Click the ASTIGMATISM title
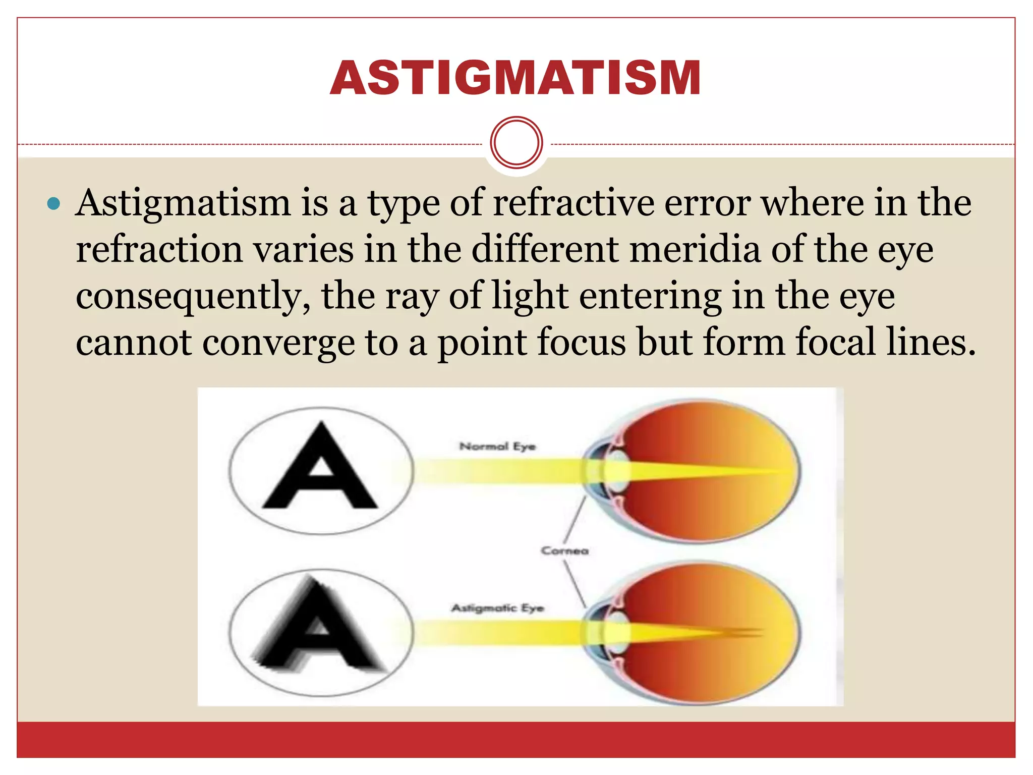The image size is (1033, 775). (x=515, y=78)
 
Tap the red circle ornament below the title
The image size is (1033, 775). (x=516, y=142)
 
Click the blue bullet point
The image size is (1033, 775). (x=53, y=204)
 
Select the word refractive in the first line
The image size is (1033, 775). (x=573, y=203)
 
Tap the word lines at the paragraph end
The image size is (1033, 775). (x=931, y=342)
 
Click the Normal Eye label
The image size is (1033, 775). (x=497, y=447)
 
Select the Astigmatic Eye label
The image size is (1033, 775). (x=497, y=608)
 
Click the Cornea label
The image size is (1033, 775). (x=564, y=550)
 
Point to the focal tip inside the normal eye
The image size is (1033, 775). (x=787, y=472)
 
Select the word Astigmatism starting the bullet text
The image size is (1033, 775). (x=183, y=203)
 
